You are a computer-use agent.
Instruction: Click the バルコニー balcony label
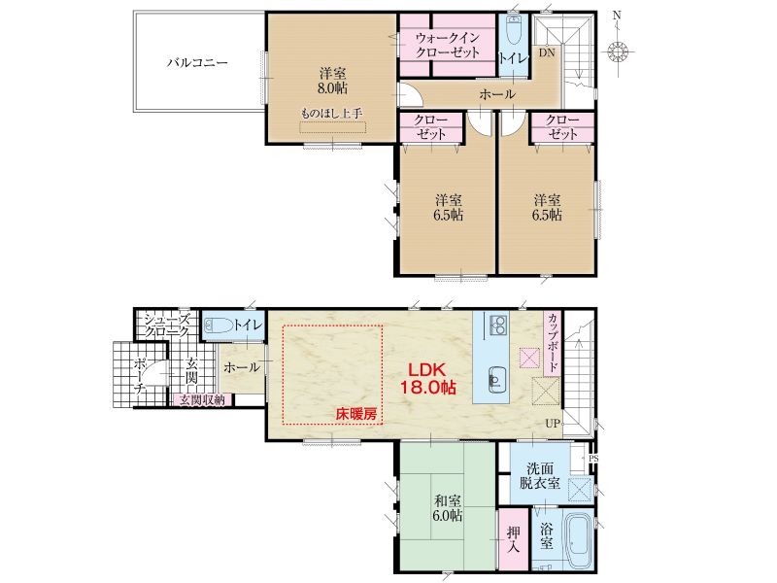coord(197,63)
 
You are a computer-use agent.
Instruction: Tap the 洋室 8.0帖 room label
coord(332,82)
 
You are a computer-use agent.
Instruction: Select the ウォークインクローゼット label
coord(448,45)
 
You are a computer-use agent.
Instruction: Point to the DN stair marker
coord(547,52)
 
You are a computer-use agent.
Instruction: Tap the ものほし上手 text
coord(332,113)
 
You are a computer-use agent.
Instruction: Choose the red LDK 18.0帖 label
coord(427,378)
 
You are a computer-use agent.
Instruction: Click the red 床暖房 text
coord(356,415)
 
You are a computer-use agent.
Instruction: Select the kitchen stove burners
coord(498,325)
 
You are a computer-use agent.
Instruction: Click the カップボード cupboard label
coord(553,343)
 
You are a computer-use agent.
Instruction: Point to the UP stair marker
coord(553,424)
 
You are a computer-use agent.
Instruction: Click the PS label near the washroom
coord(593,459)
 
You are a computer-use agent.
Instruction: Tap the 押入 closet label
coord(514,539)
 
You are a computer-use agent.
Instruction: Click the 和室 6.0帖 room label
coord(448,506)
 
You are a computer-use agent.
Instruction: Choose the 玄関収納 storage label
coord(202,399)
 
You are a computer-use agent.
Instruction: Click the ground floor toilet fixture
coord(218,326)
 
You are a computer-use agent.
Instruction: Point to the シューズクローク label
coord(166,326)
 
